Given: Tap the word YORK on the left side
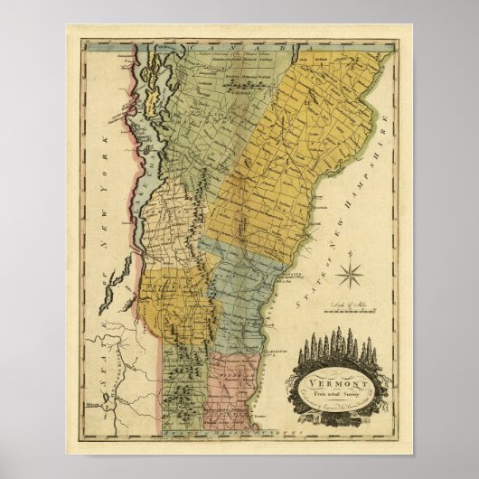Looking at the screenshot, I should (x=107, y=150).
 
